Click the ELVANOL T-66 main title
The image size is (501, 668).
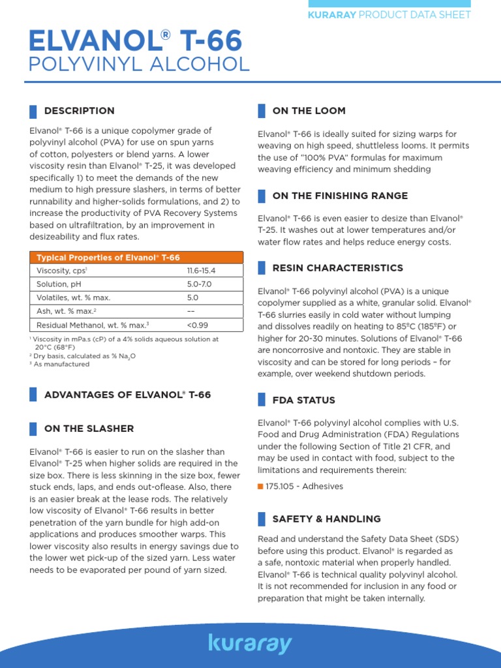pyautogui.click(x=136, y=42)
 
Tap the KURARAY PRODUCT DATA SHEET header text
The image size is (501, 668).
pyautogui.click(x=389, y=14)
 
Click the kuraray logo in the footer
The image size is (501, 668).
pyautogui.click(x=250, y=643)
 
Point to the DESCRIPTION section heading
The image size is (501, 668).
pyautogui.click(x=79, y=111)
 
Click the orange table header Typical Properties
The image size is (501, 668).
pyautogui.click(x=108, y=258)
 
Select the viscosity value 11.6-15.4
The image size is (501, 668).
pyautogui.click(x=201, y=271)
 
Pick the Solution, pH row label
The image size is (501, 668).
pyautogui.click(x=61, y=284)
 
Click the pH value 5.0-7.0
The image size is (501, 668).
pyautogui.click(x=199, y=284)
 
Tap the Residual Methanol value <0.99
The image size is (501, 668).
pyautogui.click(x=198, y=325)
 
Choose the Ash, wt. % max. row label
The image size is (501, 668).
pyautogui.click(x=67, y=311)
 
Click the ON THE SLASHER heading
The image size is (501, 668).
pyautogui.click(x=89, y=429)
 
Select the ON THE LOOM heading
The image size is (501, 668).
pyautogui.click(x=309, y=111)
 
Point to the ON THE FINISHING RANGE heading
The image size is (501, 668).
pyautogui.click(x=340, y=196)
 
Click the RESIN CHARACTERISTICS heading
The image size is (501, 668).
pyautogui.click(x=337, y=268)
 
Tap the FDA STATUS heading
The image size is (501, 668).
pyautogui.click(x=303, y=400)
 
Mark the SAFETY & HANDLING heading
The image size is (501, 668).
pyautogui.click(x=326, y=519)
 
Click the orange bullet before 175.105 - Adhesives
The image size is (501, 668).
pyautogui.click(x=260, y=487)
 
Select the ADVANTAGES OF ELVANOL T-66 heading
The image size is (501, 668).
pyautogui.click(x=127, y=395)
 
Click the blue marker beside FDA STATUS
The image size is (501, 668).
pyautogui.click(x=261, y=400)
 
